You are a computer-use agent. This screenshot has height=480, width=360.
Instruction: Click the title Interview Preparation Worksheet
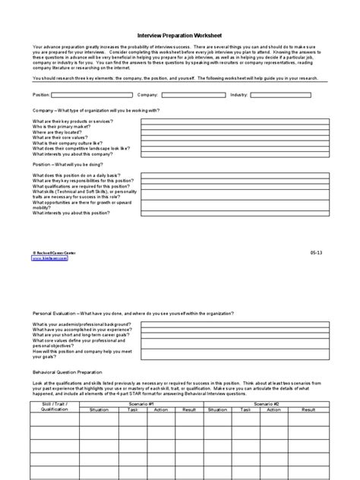tap(179, 35)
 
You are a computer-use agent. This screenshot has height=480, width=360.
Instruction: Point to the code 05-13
tap(316, 252)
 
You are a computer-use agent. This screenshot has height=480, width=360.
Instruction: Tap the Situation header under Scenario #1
tap(120, 409)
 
